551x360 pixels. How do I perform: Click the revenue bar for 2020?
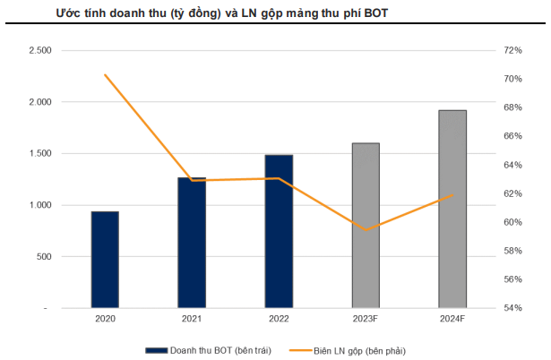pyautogui.click(x=105, y=260)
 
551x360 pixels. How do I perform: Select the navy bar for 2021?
pyautogui.click(x=192, y=243)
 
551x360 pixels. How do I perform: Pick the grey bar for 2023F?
pyautogui.click(x=366, y=226)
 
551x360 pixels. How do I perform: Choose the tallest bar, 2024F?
pyautogui.click(x=452, y=210)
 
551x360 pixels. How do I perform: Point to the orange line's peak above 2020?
pyautogui.click(x=105, y=74)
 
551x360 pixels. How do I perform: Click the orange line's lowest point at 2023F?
pyautogui.click(x=366, y=230)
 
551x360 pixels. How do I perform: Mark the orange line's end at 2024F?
pyautogui.click(x=453, y=195)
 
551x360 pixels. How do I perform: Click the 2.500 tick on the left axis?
pyautogui.click(x=40, y=51)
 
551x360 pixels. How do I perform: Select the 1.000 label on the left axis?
pyautogui.click(x=40, y=205)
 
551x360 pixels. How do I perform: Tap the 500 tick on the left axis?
pyautogui.click(x=44, y=257)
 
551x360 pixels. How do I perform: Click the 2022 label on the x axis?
pyautogui.click(x=279, y=319)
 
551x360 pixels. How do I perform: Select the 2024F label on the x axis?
pyautogui.click(x=452, y=319)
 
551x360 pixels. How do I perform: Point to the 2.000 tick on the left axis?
pyautogui.click(x=40, y=102)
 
